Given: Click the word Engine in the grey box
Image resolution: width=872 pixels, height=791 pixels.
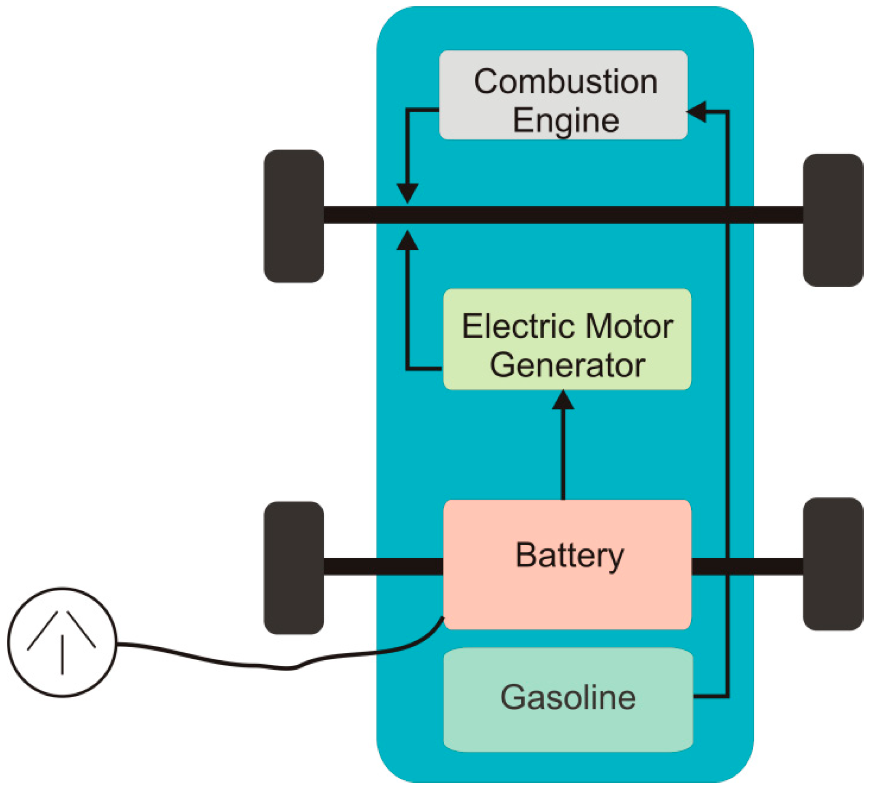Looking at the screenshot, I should (565, 120).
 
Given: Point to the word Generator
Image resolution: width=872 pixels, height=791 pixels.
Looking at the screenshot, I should (567, 365).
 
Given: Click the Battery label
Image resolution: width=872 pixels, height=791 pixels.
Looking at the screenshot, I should (569, 556).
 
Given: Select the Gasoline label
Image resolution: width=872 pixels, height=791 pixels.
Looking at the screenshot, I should (568, 697).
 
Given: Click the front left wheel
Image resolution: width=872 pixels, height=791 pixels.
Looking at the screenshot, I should (294, 216).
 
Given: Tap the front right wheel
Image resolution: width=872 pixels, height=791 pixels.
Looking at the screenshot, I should (832, 220).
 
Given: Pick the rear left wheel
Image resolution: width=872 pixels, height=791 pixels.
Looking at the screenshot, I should (294, 568).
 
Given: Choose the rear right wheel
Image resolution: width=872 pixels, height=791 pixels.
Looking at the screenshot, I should (832, 564).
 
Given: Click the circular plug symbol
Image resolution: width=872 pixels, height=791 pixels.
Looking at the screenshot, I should (62, 642).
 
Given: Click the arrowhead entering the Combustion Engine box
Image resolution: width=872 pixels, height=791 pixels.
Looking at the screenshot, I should (697, 111).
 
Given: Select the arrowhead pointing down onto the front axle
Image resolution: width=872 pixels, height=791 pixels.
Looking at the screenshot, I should (407, 193).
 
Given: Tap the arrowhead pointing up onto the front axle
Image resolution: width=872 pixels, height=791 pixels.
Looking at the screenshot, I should (407, 241).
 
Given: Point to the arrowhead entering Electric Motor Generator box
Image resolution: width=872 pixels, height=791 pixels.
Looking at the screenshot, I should (563, 400).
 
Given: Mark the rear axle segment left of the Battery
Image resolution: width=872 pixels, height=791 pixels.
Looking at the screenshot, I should (383, 566).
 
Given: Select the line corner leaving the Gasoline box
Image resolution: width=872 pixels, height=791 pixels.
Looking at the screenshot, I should (727, 697).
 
